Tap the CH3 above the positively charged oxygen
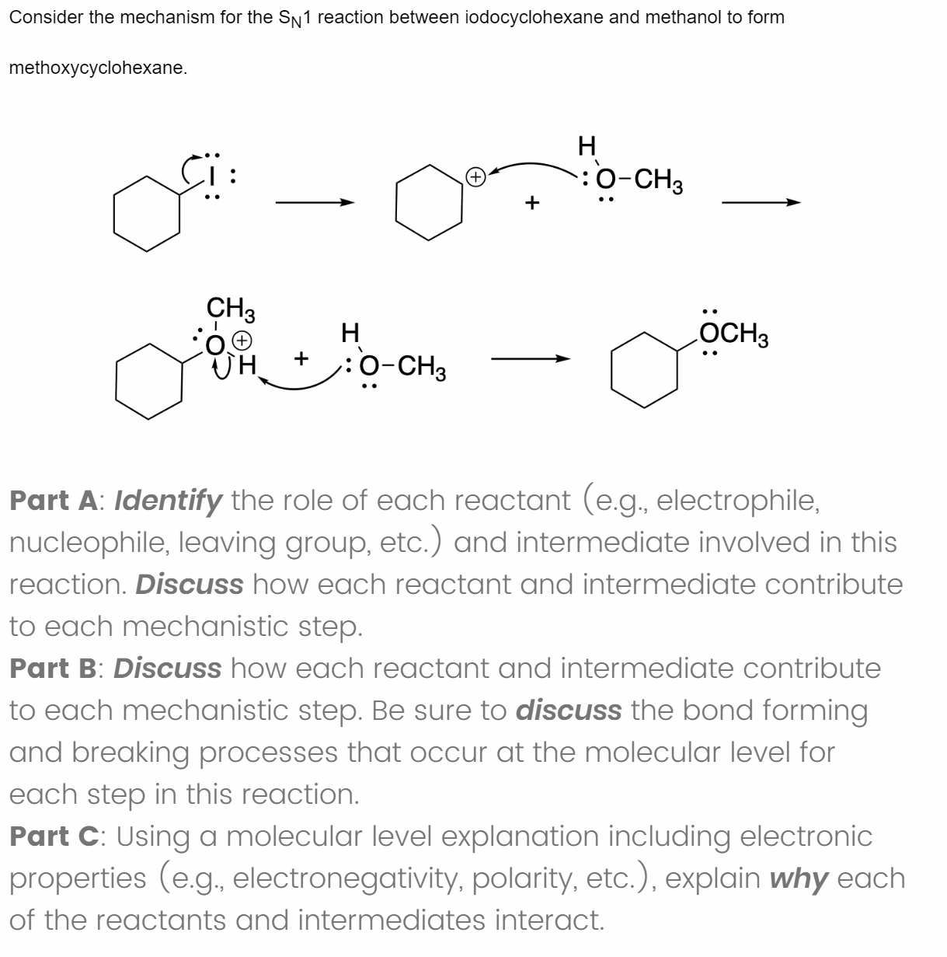click(230, 309)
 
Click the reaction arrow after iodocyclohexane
click(314, 203)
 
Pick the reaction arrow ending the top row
click(761, 203)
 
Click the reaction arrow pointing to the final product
click(531, 359)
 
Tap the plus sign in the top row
click(531, 204)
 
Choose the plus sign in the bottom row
click(302, 359)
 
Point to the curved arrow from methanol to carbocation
click(536, 165)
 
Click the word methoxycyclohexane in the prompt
click(98, 68)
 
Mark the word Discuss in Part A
click(190, 584)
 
